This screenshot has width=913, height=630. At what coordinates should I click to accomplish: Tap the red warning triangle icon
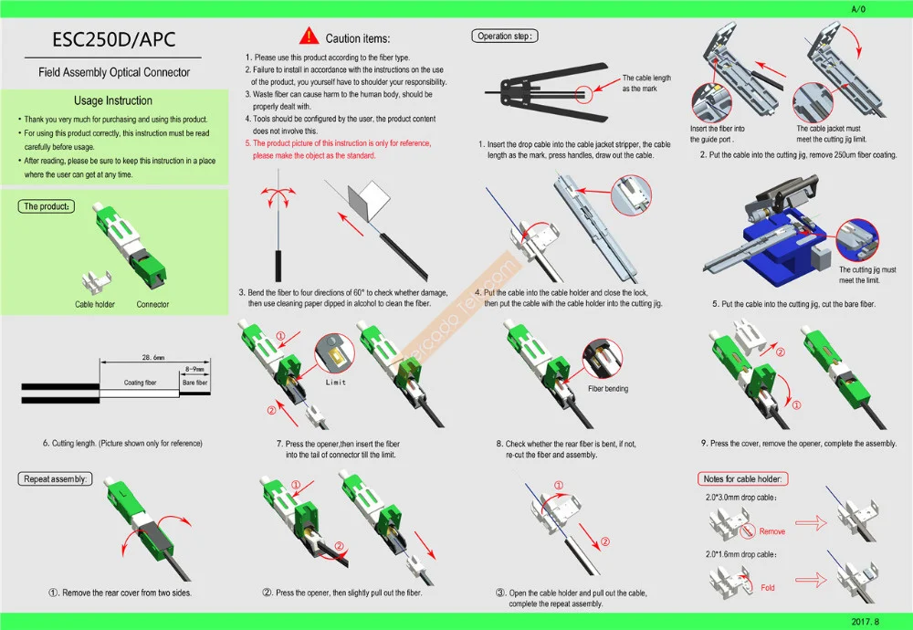click(x=310, y=37)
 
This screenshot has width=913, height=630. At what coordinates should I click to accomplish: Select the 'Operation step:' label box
click(x=506, y=37)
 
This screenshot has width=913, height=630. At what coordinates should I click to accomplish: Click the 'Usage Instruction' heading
click(x=113, y=100)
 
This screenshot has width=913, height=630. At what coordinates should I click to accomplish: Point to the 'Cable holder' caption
click(x=95, y=304)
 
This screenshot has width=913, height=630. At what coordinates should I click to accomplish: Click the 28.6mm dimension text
click(x=153, y=356)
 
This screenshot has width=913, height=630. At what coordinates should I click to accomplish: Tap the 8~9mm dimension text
click(x=195, y=369)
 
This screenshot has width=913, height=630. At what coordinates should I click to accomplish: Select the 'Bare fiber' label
click(x=195, y=383)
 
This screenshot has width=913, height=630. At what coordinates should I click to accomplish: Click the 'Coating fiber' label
click(x=140, y=383)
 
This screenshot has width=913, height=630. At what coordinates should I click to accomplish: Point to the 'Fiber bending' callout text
click(x=607, y=389)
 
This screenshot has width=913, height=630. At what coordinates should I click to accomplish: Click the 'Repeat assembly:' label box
click(x=56, y=478)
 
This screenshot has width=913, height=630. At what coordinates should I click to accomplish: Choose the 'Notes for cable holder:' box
click(x=744, y=479)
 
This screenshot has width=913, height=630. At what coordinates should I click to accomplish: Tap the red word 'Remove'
click(x=771, y=531)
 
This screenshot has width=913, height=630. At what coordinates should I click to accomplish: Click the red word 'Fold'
click(x=767, y=588)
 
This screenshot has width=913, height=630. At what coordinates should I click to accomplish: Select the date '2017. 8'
click(x=866, y=621)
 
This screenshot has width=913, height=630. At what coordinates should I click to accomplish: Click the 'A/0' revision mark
click(x=858, y=8)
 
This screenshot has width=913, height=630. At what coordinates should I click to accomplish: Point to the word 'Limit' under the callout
click(x=336, y=383)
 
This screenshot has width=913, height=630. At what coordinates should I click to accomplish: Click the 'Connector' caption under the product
click(x=152, y=304)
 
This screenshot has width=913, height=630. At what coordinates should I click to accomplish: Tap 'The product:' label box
click(x=46, y=206)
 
